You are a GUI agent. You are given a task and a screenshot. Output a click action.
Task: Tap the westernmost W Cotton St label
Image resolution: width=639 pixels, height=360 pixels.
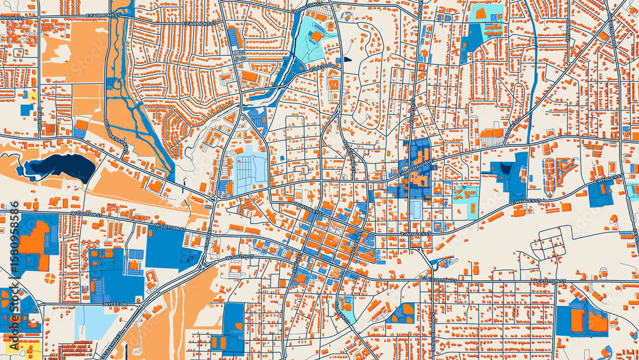pyautogui.click(x=86, y=214)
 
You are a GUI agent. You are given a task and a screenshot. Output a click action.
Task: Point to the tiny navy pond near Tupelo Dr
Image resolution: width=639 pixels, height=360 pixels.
pyautogui.click(x=347, y=59)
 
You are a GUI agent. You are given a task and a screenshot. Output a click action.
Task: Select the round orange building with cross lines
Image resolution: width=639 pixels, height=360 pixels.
pyautogui.click(x=50, y=278)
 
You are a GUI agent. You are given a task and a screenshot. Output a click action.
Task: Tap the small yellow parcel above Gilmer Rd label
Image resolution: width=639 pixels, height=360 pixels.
pyautogui.click(x=30, y=96)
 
